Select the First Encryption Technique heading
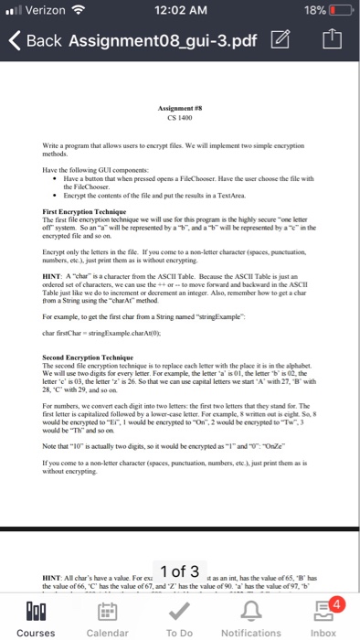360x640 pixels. tap(77, 211)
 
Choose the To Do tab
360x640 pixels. tap(179, 612)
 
